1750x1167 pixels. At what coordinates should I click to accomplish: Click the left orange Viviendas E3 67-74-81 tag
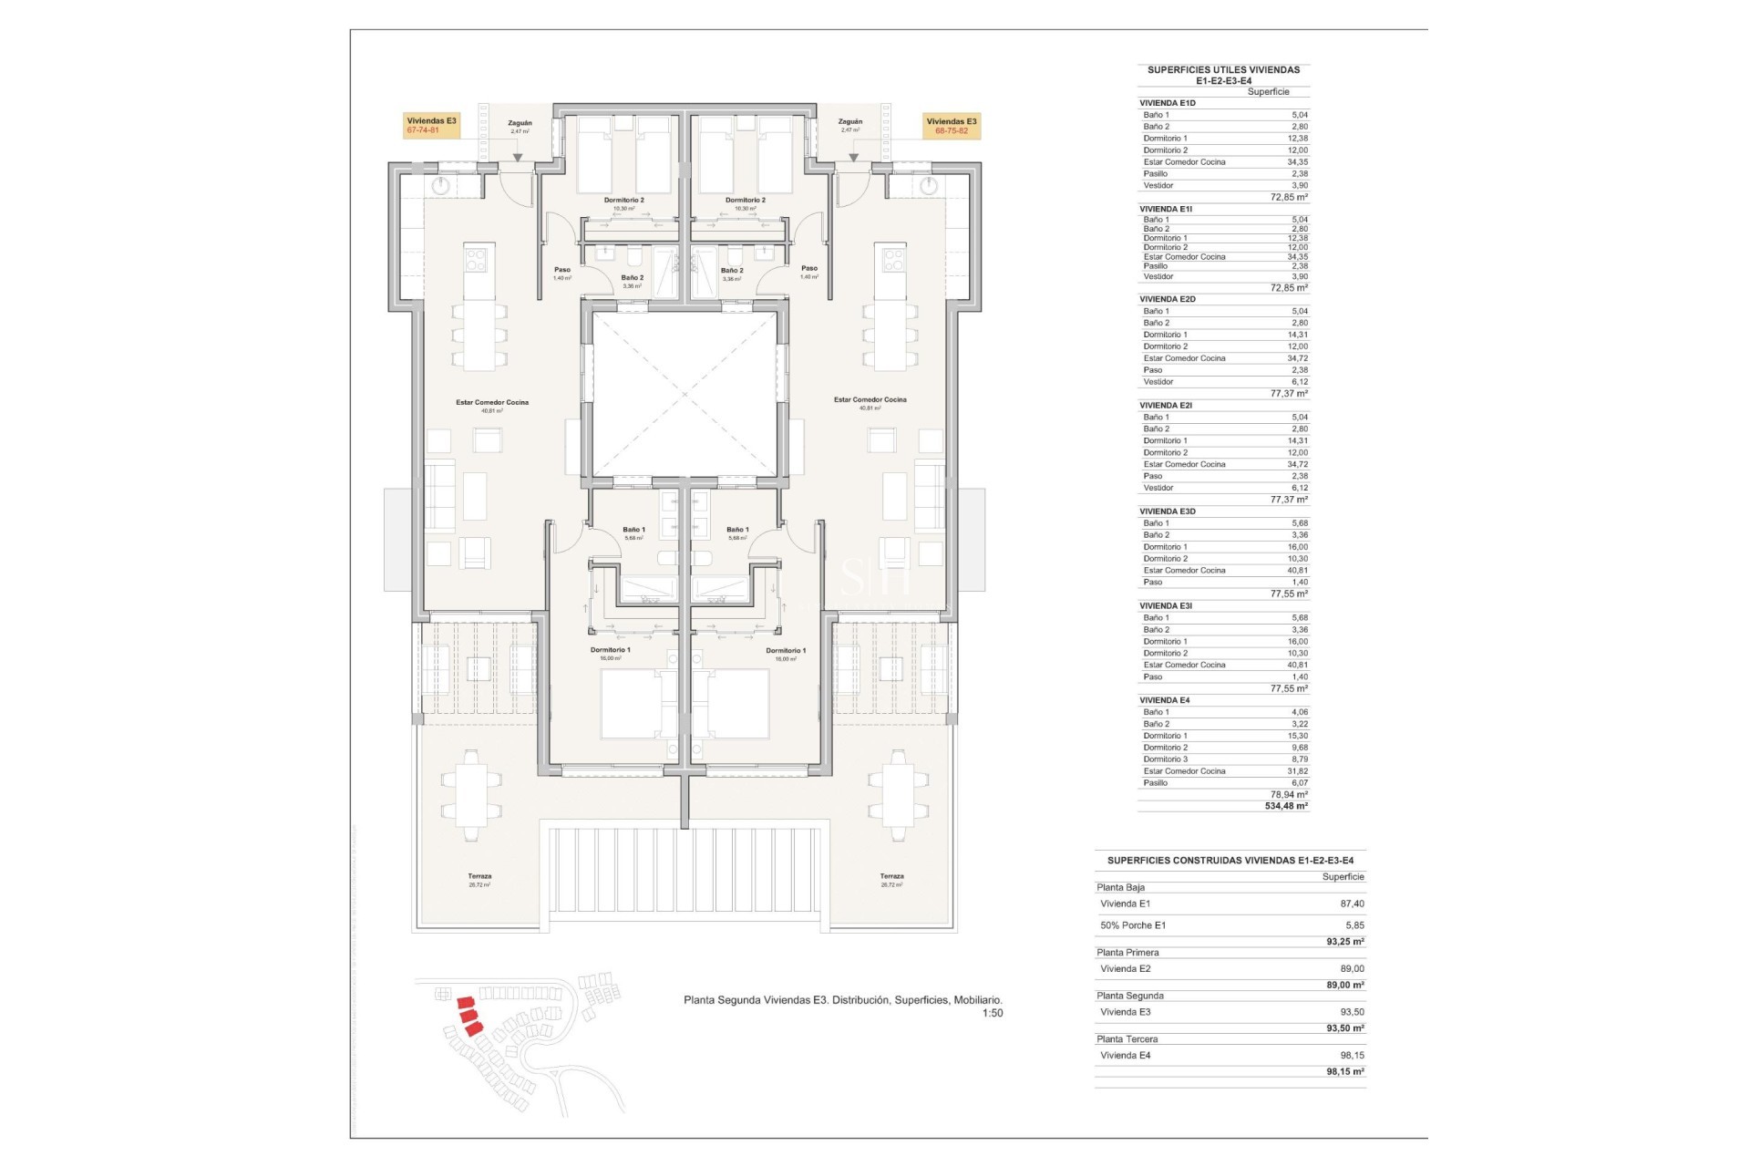tap(431, 126)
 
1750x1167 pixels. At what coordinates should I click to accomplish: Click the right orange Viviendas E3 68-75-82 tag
tap(951, 126)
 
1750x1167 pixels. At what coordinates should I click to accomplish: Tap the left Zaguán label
tap(520, 123)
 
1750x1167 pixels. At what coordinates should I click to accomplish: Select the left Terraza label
tap(479, 876)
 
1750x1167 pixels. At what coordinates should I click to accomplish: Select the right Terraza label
tap(891, 876)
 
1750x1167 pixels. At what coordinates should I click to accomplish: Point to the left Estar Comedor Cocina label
tap(492, 402)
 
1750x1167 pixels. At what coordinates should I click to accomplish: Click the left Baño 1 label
tap(633, 530)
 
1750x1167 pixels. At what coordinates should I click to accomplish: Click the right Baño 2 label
tap(732, 271)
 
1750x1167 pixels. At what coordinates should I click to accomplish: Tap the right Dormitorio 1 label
tap(786, 651)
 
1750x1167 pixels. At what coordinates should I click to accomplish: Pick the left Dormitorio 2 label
tap(623, 201)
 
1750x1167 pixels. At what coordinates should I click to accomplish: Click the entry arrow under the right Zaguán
tap(853, 158)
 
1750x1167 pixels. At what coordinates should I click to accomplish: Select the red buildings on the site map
tap(468, 1015)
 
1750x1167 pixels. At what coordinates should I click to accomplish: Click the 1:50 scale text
tap(992, 1013)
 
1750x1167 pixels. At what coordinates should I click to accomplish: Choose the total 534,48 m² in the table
tap(1285, 806)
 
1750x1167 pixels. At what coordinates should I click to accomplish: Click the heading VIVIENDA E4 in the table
tap(1164, 700)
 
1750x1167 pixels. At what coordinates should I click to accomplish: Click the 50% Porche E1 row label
tap(1133, 925)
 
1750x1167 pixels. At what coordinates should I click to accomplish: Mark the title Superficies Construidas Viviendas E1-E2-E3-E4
tap(1230, 861)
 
